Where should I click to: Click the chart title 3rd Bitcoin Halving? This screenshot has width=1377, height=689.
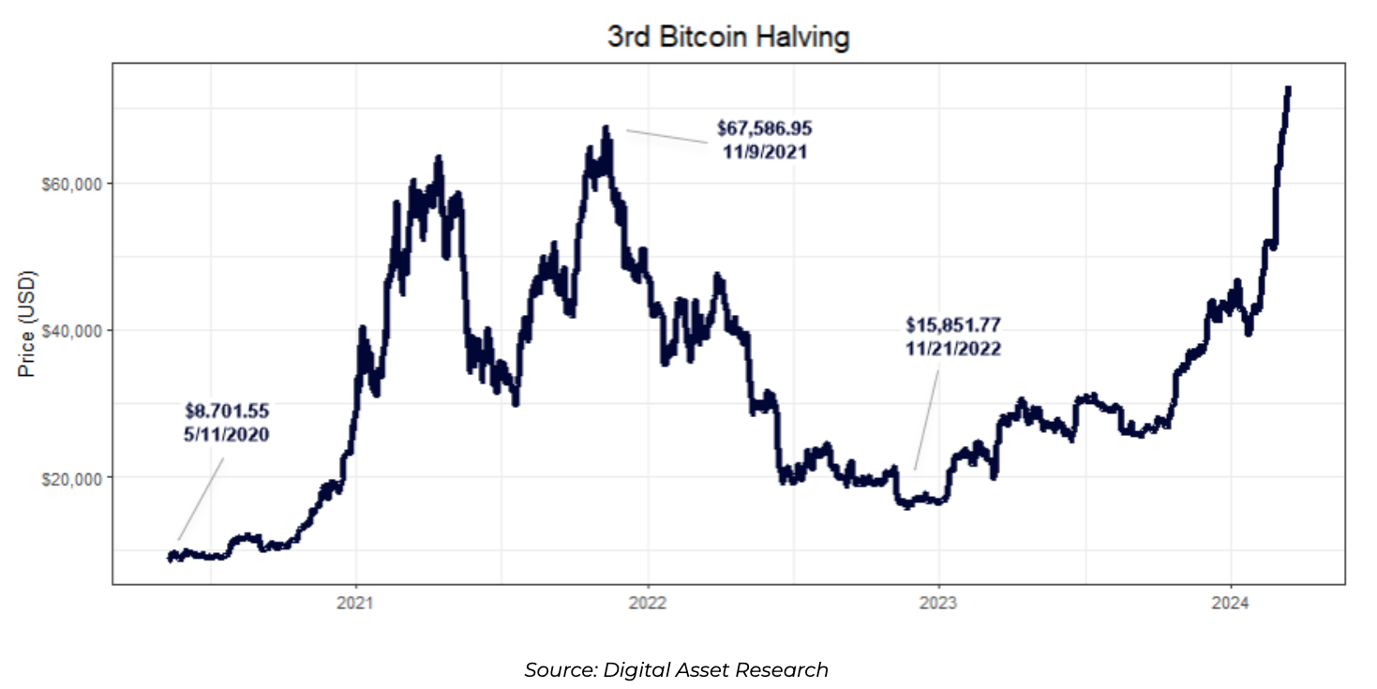click(727, 37)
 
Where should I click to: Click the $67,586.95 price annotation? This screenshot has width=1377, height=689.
click(764, 127)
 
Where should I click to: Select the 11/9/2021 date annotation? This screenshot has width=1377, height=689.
click(764, 151)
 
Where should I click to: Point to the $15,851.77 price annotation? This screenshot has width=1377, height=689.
click(953, 325)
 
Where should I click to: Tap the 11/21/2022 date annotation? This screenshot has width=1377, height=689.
click(953, 349)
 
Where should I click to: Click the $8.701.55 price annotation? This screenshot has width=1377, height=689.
click(227, 411)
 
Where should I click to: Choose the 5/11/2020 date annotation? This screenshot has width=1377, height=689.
click(227, 434)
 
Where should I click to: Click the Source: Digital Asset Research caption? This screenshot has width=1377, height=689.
click(676, 670)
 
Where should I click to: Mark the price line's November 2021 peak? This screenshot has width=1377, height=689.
click(606, 127)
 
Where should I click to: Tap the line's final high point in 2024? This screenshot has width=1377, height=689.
click(1288, 88)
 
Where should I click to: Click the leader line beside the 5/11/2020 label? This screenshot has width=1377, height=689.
click(202, 499)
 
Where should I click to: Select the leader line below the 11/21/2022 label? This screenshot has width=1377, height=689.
click(927, 418)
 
